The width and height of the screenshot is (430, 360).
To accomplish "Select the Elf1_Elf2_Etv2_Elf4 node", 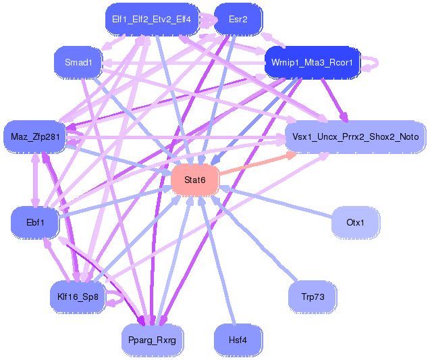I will pos(151,19).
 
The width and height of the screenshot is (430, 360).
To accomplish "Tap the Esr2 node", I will pos(238,19).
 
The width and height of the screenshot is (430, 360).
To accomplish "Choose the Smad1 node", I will pos(78,63).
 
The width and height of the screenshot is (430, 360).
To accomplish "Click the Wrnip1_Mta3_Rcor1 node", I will pos(312,62).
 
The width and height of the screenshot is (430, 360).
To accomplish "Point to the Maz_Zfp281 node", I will pos(35,137).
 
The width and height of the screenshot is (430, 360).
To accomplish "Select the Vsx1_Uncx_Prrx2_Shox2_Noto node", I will pos(355,136).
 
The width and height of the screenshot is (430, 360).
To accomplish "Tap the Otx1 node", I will pos(355,222).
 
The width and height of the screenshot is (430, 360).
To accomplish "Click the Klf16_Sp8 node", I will pos(78,297).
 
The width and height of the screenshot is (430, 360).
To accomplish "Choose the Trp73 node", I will pos(312,297).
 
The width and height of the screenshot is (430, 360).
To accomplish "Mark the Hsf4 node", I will pos(238,340).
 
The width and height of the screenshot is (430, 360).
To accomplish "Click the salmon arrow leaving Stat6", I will pos(257,164).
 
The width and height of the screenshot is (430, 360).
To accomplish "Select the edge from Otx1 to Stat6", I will pos(277,202).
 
